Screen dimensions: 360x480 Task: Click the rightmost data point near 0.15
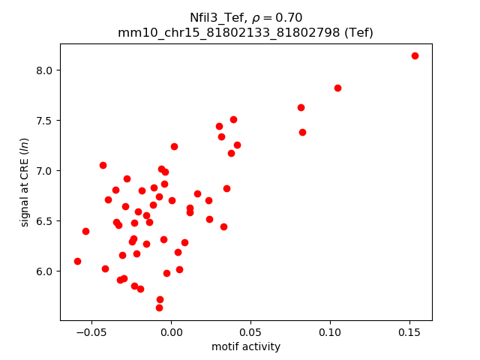tap(415, 56)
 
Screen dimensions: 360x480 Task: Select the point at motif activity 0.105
tap(337, 88)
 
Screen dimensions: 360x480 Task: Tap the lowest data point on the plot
tap(159, 307)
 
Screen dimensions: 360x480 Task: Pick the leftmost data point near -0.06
tap(77, 261)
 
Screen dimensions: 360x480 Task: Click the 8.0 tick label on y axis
tap(44, 70)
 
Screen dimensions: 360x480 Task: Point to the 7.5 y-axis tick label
tap(44, 121)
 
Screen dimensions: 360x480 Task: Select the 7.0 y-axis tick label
tap(44, 171)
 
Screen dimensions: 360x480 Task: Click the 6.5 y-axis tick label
tap(44, 221)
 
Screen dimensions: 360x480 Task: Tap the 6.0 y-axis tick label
tap(44, 271)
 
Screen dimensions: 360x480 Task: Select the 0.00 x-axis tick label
tap(171, 331)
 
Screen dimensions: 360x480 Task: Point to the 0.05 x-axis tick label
tap(250, 331)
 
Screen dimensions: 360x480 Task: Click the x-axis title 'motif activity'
tap(246, 346)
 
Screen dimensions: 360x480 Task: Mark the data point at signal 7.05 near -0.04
tap(103, 165)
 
